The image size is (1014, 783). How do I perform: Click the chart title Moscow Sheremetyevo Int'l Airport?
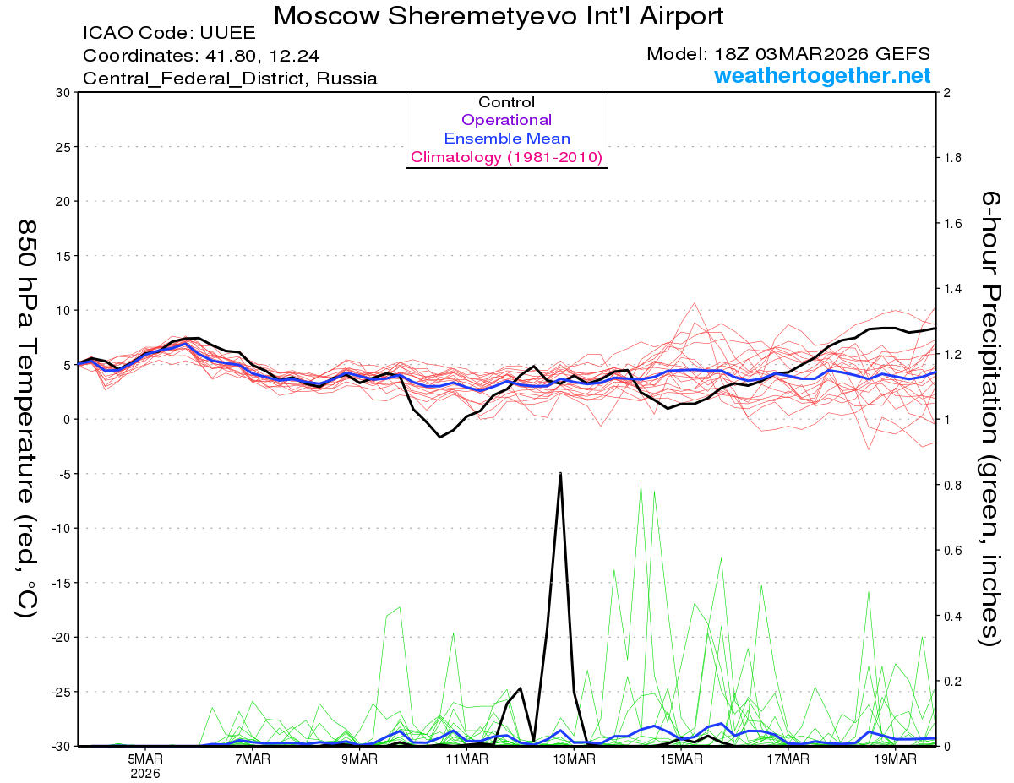coord(499,16)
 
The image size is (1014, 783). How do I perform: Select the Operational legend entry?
coord(507,120)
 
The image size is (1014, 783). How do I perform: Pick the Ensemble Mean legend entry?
coord(507,139)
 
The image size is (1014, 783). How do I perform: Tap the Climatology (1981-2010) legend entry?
coord(507,157)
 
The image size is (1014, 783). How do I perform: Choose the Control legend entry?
coord(507,102)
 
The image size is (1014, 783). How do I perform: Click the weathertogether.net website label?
coord(822,76)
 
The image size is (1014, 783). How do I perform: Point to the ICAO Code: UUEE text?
coord(169,35)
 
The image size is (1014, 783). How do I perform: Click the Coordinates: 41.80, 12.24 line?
coord(202,57)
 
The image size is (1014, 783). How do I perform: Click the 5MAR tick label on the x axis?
coord(145,759)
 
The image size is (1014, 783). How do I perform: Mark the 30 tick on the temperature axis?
coord(63,93)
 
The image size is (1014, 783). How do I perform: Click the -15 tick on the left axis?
coord(59,583)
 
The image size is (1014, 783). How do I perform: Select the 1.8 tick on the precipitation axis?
coord(951,158)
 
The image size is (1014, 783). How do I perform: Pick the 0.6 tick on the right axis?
coord(951,550)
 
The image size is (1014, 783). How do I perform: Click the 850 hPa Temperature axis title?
coord(28,418)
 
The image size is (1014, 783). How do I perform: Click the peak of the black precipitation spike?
coord(560,473)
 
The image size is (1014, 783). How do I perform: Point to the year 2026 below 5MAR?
coord(145,773)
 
